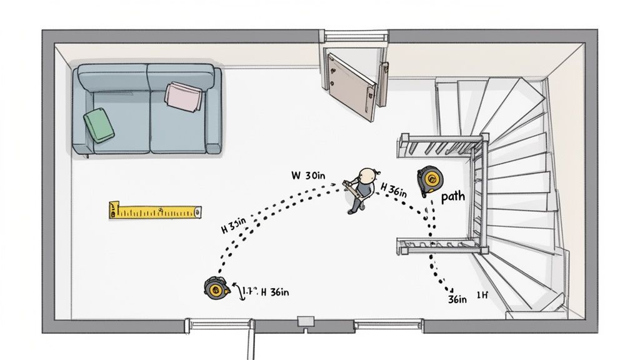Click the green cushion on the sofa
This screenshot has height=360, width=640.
pos(98,124)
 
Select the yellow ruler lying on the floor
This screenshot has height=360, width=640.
pos(155,211)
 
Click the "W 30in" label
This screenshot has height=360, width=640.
pos(309,176)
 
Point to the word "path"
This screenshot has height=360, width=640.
pos(453,197)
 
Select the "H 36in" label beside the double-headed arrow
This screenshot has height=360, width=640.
pos(274,291)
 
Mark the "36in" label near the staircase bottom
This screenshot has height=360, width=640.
pos(457,299)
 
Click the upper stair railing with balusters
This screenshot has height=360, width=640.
pos(441,146)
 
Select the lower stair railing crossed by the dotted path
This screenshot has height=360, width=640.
pos(441,246)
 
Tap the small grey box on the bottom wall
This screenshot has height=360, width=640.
pos(306,321)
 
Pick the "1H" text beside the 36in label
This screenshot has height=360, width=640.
pos(482,295)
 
